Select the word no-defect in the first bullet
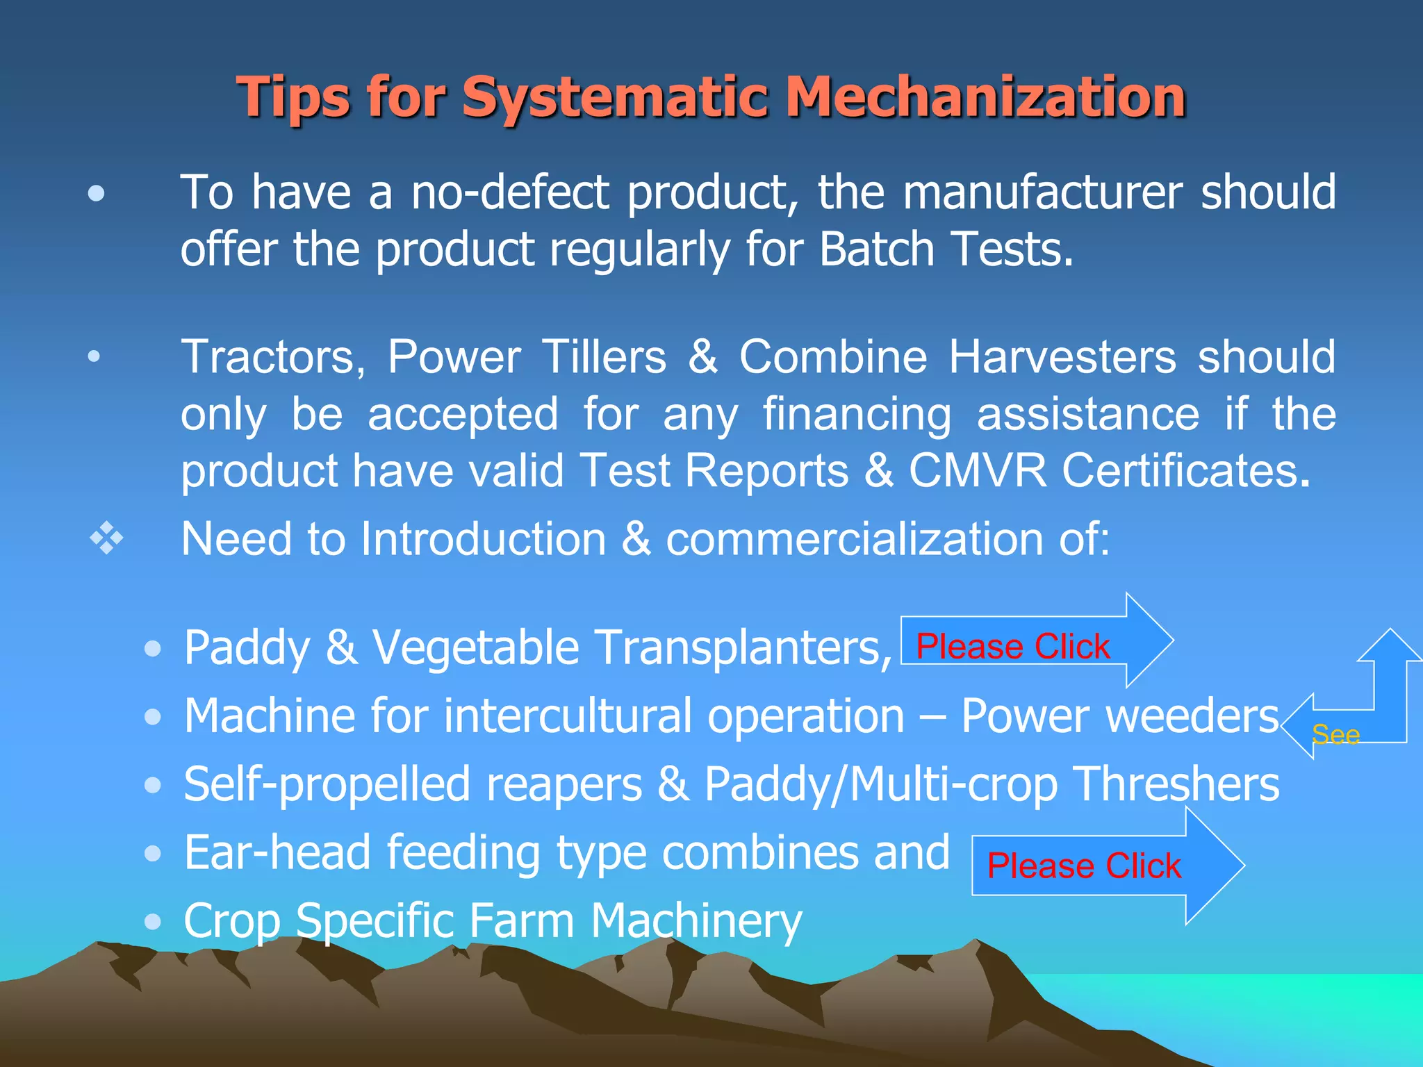pos(511,192)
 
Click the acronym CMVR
pos(977,471)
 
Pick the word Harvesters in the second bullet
pos(1062,358)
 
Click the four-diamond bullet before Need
pos(106,538)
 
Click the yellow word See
pos(1335,735)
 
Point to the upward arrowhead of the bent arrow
pos(1389,646)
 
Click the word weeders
pos(1192,716)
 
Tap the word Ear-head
pos(278,853)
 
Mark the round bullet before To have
pos(97,194)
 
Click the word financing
pos(857,415)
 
